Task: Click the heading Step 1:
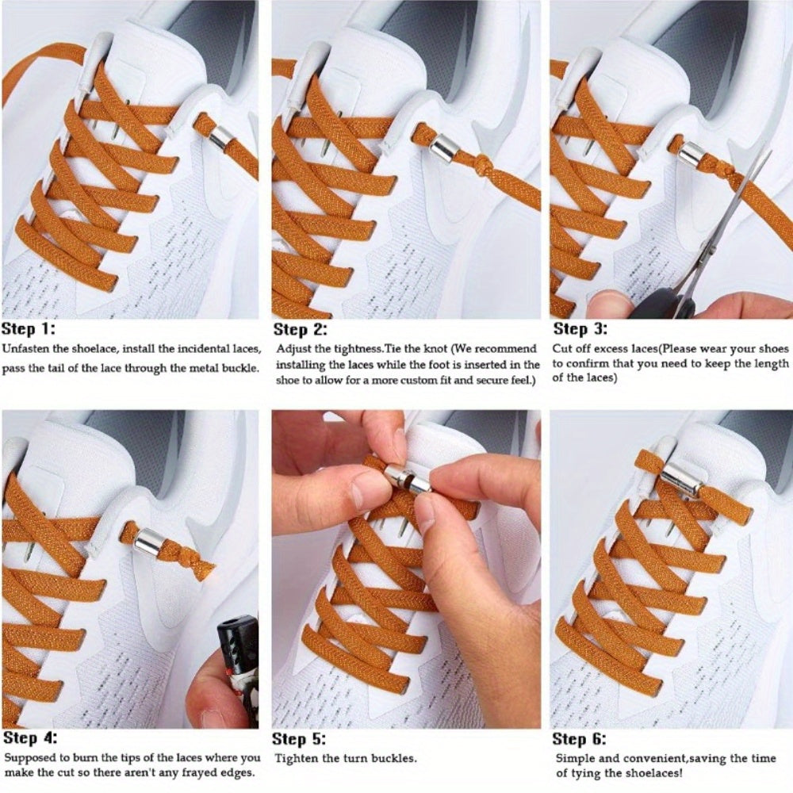point(29,329)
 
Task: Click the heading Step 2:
point(300,329)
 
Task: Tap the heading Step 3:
point(580,329)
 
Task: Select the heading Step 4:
point(29,737)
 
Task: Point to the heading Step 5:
point(299,739)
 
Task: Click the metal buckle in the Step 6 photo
point(679,479)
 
